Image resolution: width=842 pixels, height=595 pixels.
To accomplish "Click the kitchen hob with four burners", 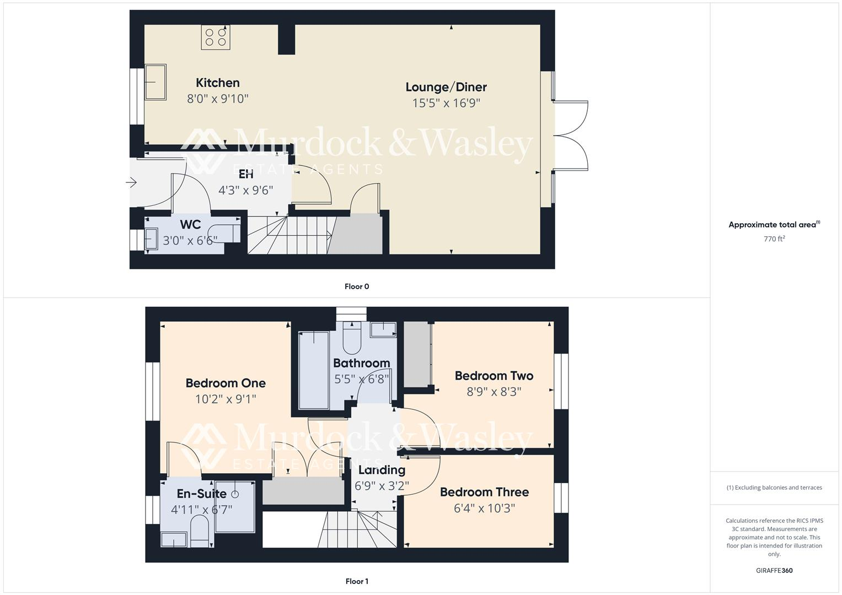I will (x=216, y=37).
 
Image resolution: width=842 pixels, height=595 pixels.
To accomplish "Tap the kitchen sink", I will (x=155, y=82).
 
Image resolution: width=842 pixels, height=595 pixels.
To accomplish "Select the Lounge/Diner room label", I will (x=446, y=87).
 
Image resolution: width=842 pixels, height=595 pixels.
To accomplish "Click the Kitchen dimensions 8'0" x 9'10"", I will (x=218, y=99).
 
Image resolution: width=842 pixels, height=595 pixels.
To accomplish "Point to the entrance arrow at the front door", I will (x=131, y=182).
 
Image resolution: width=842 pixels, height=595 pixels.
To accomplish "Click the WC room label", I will (x=190, y=225).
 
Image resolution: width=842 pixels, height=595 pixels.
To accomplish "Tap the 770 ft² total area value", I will (x=774, y=239).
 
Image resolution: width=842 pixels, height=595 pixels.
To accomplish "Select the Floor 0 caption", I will (x=357, y=286).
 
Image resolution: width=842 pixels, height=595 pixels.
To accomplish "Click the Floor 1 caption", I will (x=357, y=581).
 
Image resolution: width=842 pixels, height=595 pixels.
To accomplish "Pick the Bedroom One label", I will (x=226, y=383).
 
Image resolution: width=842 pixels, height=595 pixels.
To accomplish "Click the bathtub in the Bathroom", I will (x=313, y=370).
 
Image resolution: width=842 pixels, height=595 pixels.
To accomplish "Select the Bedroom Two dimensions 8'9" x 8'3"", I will (x=494, y=392).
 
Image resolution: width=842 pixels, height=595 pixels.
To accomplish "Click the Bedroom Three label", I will (x=484, y=492).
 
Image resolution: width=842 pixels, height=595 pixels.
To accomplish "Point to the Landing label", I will (x=382, y=470).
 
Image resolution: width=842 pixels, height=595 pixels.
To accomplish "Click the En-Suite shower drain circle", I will (x=235, y=494).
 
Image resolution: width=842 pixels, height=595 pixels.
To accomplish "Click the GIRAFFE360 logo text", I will (x=774, y=571).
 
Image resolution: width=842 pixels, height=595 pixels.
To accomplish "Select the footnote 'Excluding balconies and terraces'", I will (x=774, y=488).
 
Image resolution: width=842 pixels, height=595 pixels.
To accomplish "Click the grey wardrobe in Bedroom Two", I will (x=417, y=354).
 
